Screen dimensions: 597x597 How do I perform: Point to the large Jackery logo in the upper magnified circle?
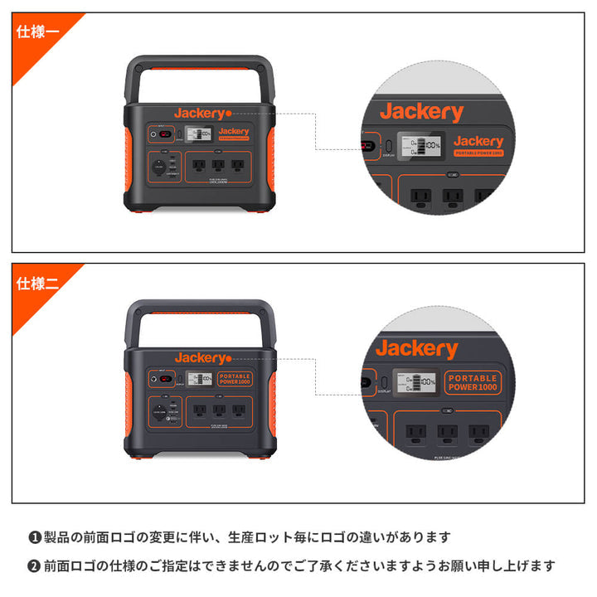click(421, 112)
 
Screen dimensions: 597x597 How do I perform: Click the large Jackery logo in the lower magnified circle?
click(416, 349)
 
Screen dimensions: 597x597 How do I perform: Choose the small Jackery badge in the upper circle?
click(478, 144)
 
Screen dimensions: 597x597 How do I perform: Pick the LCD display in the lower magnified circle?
click(415, 382)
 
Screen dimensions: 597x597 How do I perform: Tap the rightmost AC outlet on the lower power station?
click(237, 409)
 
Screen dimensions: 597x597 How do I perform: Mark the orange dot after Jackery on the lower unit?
click(229, 358)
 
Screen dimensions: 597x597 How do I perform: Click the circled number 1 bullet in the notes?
click(35, 537)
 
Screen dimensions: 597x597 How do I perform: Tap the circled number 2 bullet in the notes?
click(35, 566)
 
